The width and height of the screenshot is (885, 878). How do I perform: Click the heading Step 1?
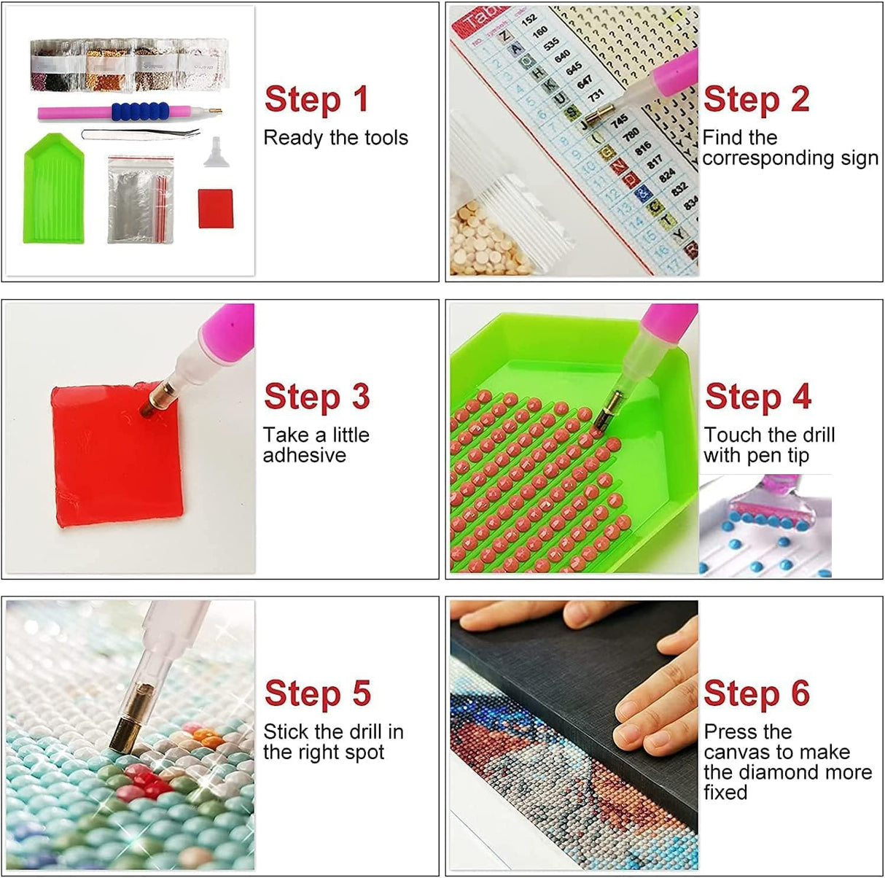pyautogui.click(x=316, y=100)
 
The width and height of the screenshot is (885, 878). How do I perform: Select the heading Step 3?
pyautogui.click(x=316, y=397)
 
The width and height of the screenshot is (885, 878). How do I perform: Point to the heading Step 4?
pyautogui.click(x=757, y=397)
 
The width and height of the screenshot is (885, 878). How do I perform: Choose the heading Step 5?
pyautogui.click(x=317, y=694)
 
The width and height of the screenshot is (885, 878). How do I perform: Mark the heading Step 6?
pyautogui.click(x=756, y=694)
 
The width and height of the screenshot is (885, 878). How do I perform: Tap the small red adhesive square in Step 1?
pyautogui.click(x=215, y=209)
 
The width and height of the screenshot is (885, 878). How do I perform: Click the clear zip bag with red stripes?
pyautogui.click(x=141, y=198)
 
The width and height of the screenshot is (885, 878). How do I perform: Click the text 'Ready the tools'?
pyautogui.click(x=335, y=138)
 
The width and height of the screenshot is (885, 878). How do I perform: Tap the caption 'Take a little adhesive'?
pyautogui.click(x=316, y=445)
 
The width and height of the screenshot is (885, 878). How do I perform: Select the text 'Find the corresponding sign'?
pyautogui.click(x=790, y=148)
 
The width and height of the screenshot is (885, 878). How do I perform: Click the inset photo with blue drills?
pyautogui.click(x=765, y=526)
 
